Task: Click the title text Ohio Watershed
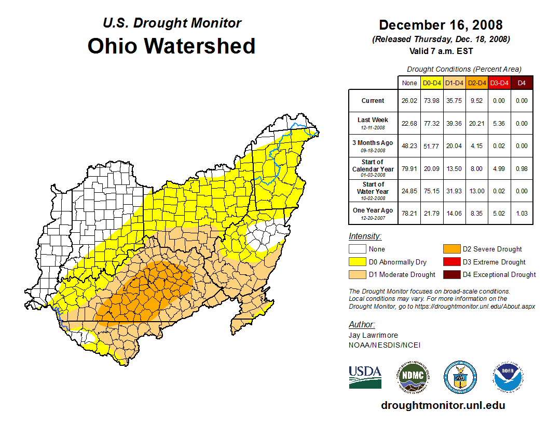tap(171, 46)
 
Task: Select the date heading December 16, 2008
tap(441, 25)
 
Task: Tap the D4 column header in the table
tap(522, 83)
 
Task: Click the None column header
tap(409, 83)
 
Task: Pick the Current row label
tap(373, 101)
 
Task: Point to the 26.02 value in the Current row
tap(409, 101)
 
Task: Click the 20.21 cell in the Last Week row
tap(476, 124)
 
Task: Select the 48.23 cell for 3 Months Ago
tap(409, 146)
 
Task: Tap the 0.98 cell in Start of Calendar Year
tap(522, 168)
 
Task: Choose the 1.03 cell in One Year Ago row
tap(522, 213)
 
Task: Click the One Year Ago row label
tap(373, 210)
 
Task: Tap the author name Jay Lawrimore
tap(373, 335)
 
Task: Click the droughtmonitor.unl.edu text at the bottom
tap(443, 405)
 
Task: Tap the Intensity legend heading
tap(365, 236)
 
